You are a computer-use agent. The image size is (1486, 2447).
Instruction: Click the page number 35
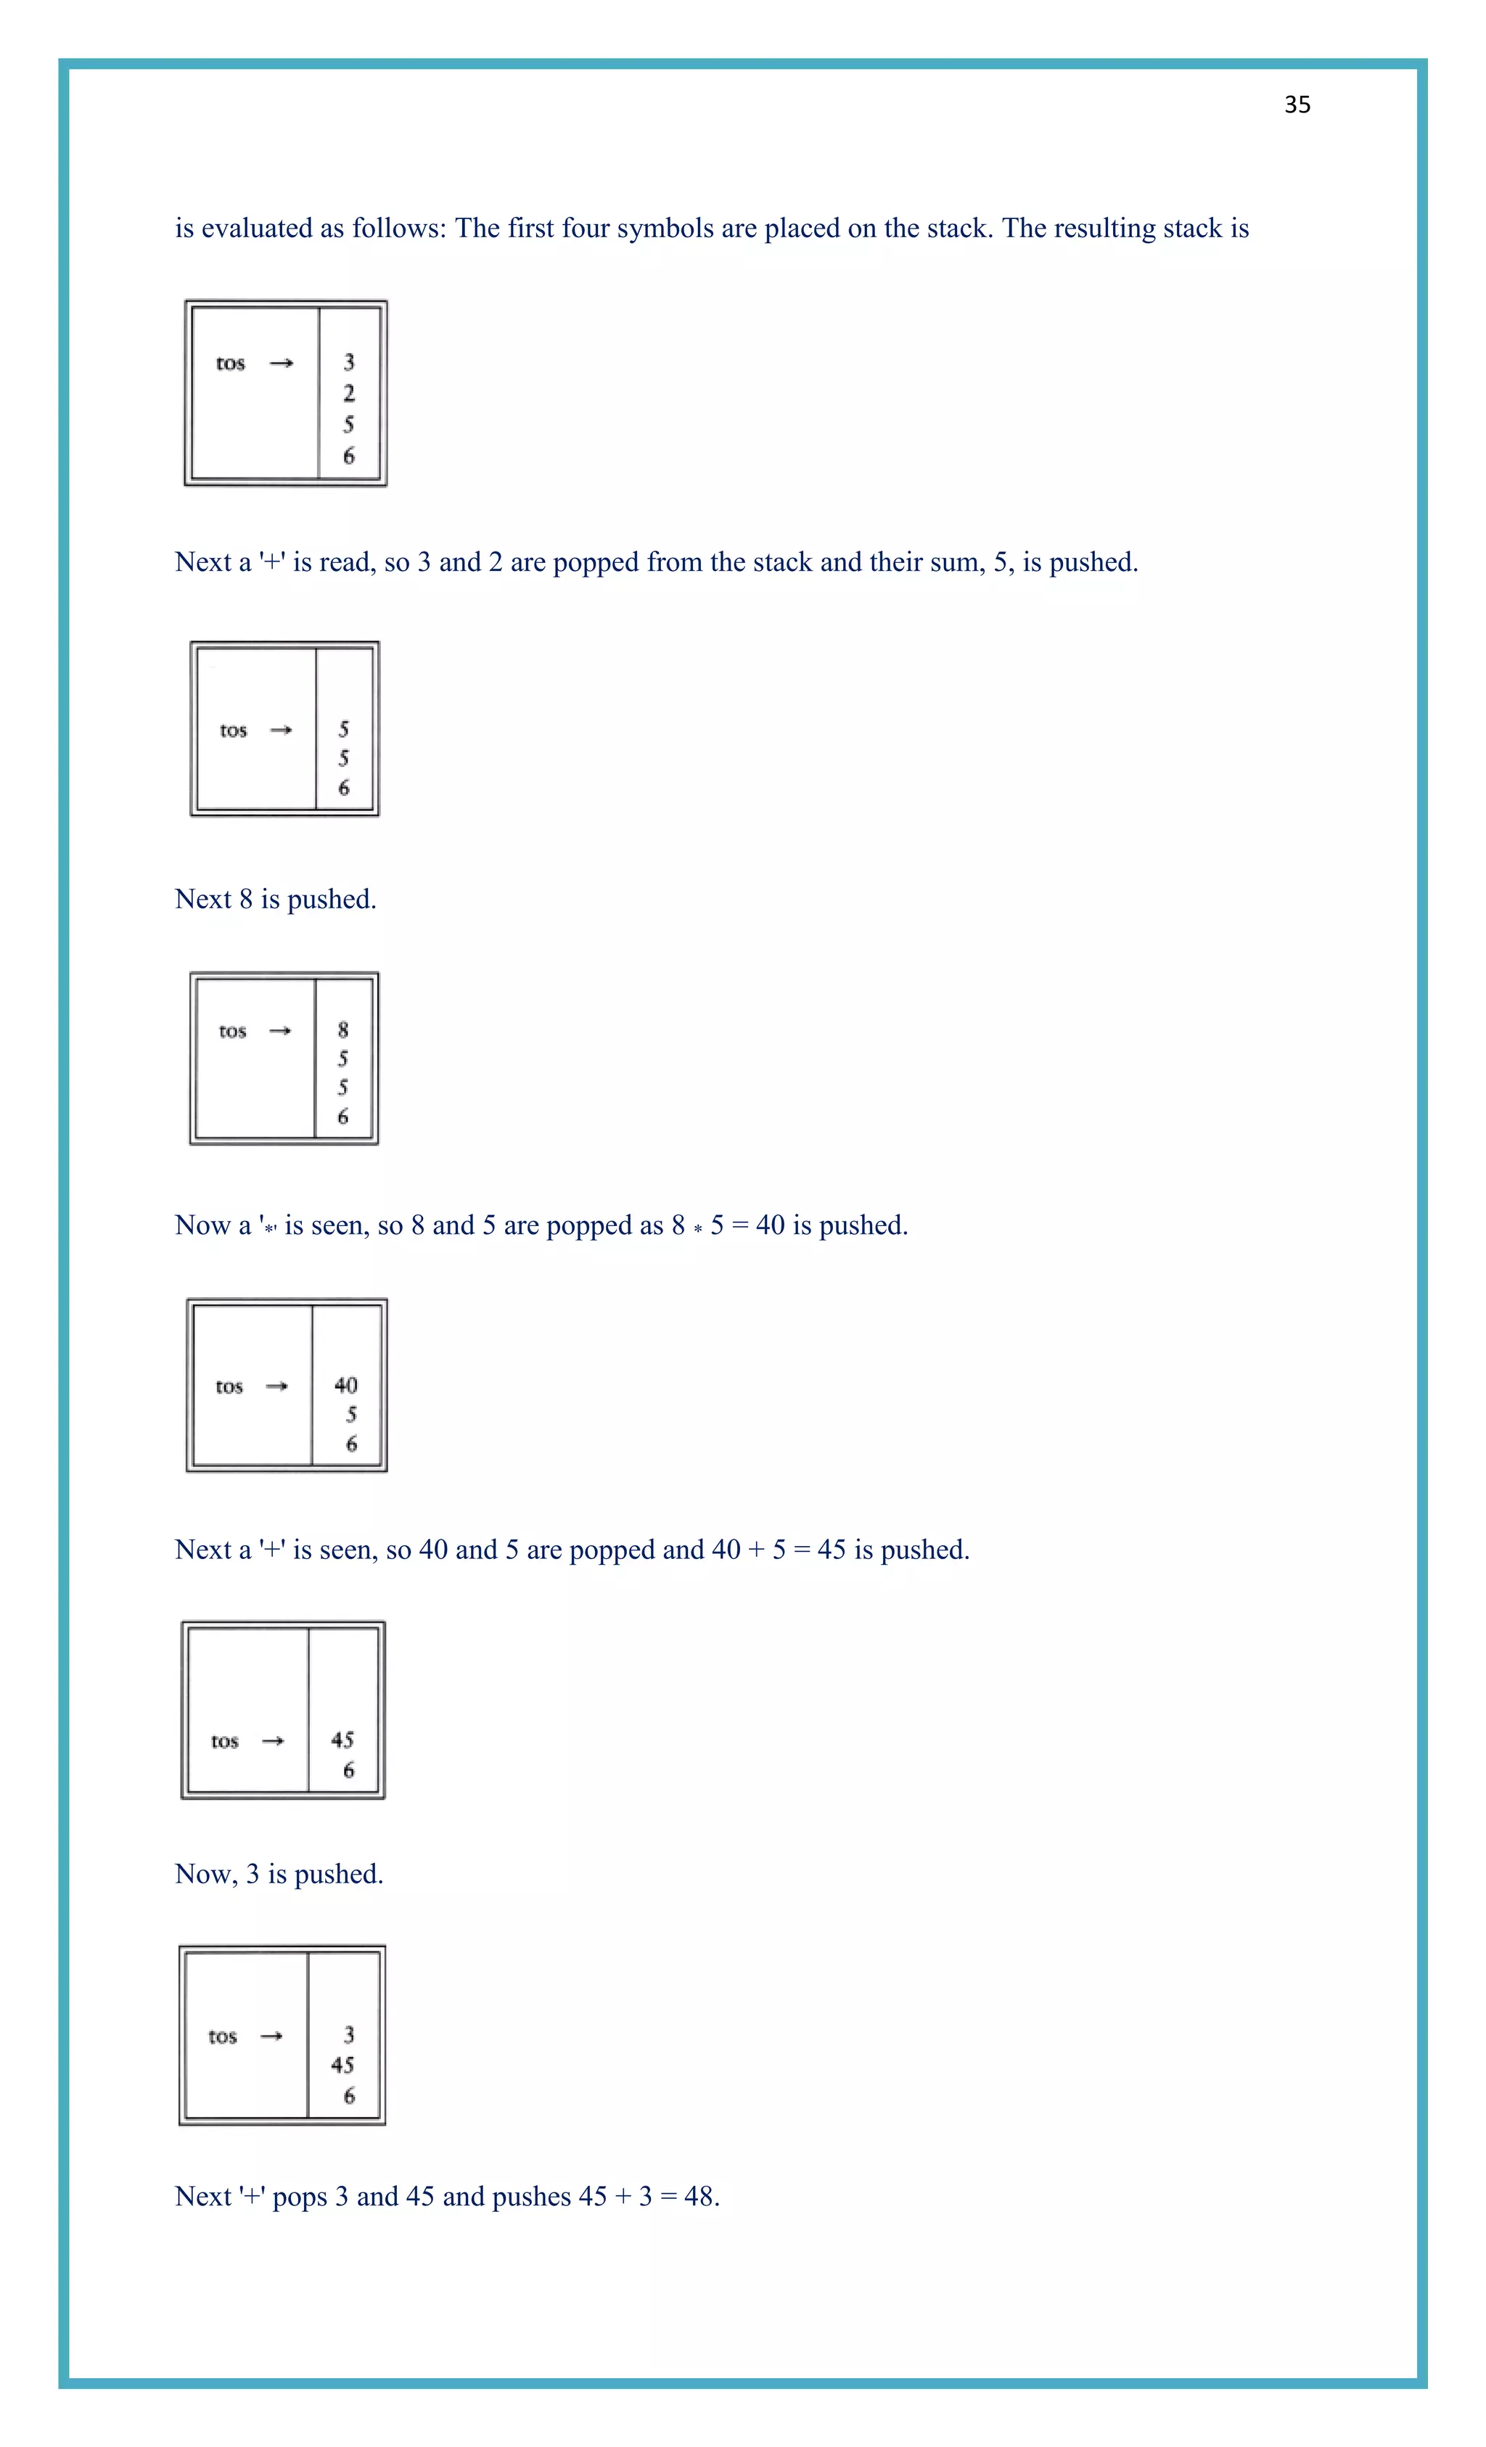pos(1297,105)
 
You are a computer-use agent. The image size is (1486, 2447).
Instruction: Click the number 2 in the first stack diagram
pos(349,393)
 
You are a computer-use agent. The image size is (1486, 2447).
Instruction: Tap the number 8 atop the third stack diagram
pos(342,1030)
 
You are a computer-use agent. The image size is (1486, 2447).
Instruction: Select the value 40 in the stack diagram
pos(345,1386)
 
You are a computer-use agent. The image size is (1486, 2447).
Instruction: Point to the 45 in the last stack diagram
pos(342,2065)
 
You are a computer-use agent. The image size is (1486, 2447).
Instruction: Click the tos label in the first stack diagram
pos(231,363)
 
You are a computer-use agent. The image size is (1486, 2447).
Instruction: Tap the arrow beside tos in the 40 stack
pos(277,1386)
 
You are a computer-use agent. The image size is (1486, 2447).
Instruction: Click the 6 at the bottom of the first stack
pos(349,456)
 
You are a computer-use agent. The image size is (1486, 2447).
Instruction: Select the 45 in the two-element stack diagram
pos(342,1740)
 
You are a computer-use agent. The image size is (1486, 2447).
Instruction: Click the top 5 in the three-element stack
pos(344,729)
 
